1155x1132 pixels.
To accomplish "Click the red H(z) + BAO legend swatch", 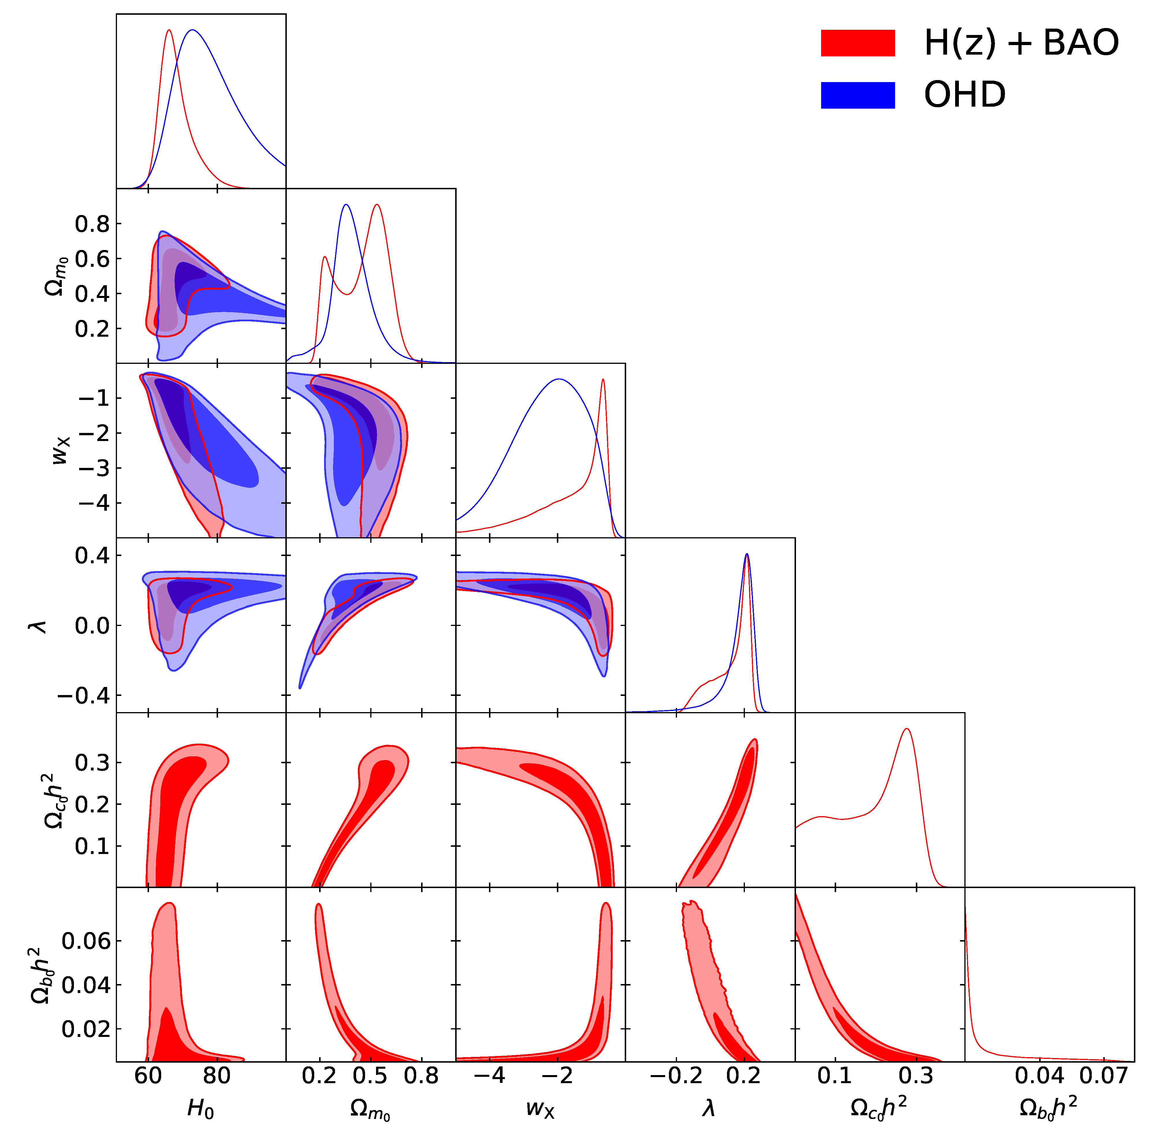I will (x=857, y=43).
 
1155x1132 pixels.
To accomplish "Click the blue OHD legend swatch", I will (x=857, y=95).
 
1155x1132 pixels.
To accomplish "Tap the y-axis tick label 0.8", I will (x=92, y=224).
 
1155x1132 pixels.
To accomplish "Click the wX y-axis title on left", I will (x=61, y=450).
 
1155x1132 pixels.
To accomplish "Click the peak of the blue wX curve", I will (x=559, y=379).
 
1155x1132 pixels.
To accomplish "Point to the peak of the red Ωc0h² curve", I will (x=907, y=729).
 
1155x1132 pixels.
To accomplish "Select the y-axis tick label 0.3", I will (x=92, y=762).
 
